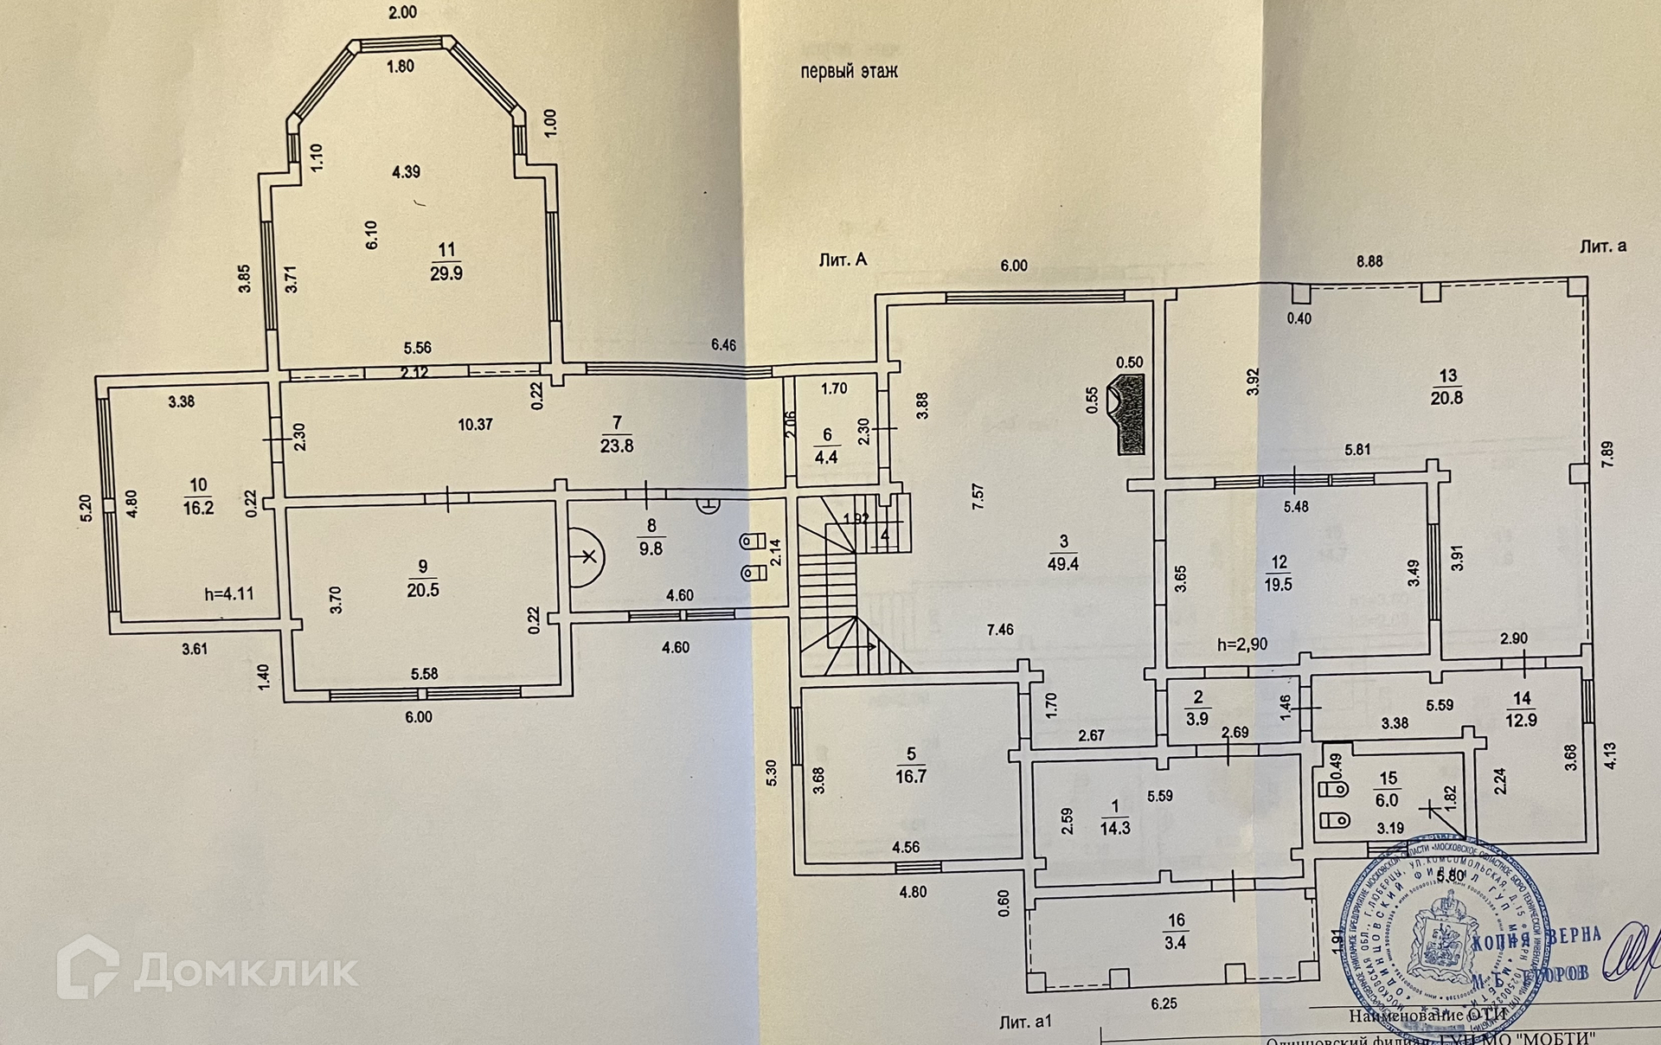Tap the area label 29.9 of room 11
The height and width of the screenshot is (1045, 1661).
click(446, 273)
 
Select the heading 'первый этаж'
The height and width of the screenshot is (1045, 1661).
click(849, 72)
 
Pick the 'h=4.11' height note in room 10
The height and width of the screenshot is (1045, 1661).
click(229, 594)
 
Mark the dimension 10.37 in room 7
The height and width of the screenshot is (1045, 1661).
click(476, 424)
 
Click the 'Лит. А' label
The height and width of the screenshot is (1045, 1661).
click(842, 260)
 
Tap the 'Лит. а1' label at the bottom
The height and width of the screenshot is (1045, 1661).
click(1025, 1023)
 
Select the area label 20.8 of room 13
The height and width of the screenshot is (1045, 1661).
click(1448, 398)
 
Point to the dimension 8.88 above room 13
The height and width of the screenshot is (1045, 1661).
click(1369, 260)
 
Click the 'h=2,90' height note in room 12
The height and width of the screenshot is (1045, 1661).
click(1243, 644)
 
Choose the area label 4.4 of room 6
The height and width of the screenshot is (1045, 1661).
click(827, 458)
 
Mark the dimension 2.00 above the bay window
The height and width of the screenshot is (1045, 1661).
click(402, 12)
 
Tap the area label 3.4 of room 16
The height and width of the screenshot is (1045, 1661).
click(1175, 943)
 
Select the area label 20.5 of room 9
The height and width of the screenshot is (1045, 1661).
click(423, 590)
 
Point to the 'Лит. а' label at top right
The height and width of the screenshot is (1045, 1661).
click(1602, 247)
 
